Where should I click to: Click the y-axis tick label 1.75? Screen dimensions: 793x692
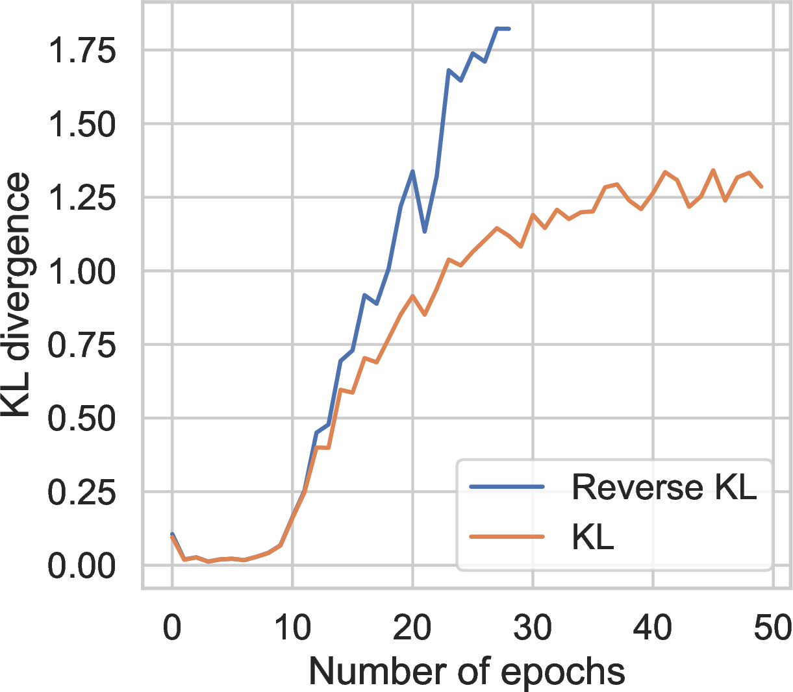tap(82, 51)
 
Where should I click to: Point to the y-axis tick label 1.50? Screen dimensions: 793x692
tap(82, 124)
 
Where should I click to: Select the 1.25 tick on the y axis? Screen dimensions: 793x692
tap(82, 198)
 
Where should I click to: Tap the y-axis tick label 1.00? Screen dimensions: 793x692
tap(82, 271)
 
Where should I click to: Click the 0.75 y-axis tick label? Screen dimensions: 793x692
tap(82, 345)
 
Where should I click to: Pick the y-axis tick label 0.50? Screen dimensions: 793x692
tap(82, 419)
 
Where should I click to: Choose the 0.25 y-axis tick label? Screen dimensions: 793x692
tap(82, 492)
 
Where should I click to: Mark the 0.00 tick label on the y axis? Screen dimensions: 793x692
tap(82, 566)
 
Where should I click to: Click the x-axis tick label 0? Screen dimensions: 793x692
tap(172, 628)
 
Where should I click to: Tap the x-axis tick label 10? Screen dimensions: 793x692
tap(292, 628)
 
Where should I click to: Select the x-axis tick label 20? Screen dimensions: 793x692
tap(412, 628)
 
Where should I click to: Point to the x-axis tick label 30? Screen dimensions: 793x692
tap(533, 628)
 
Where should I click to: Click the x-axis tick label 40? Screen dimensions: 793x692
tap(653, 628)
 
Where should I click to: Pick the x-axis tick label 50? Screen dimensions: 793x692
tap(773, 628)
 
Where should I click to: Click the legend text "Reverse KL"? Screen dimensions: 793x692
tap(664, 488)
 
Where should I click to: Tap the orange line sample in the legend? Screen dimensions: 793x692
tap(507, 536)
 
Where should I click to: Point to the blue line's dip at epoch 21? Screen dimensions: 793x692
tap(425, 232)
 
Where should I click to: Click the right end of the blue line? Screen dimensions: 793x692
tap(509, 29)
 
